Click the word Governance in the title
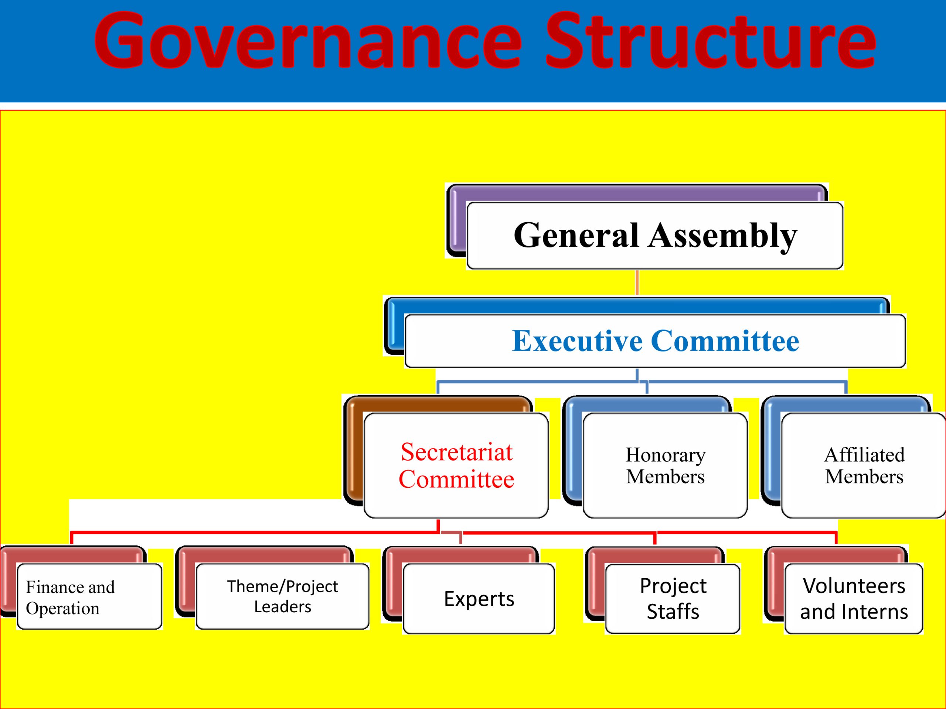pos(307,41)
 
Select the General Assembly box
pos(655,236)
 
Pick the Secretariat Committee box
pos(456,465)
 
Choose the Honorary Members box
pos(665,465)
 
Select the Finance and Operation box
pos(89,596)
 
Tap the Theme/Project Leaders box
pos(282,596)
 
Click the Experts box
pos(479,599)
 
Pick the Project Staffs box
pos(673,599)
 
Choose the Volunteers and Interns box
pos(854,599)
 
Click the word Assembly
pos(722,236)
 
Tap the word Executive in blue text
pos(577,341)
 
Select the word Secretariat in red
pos(456,452)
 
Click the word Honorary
pos(666,456)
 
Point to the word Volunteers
pos(854,586)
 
